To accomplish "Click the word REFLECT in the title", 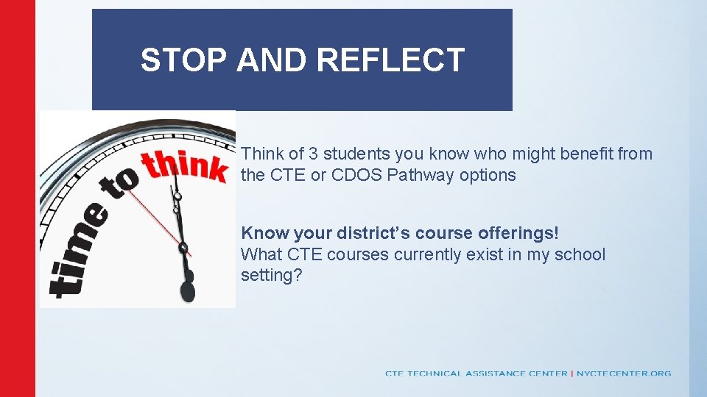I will pos(391,60).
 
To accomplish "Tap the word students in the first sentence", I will pos(356,154).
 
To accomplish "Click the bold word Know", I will pos(265,233).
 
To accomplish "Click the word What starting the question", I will pos(261,254).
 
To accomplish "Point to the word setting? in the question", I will pos(271,276).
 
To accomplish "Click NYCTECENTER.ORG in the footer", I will pos(624,373).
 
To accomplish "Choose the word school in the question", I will pos(582,254).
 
